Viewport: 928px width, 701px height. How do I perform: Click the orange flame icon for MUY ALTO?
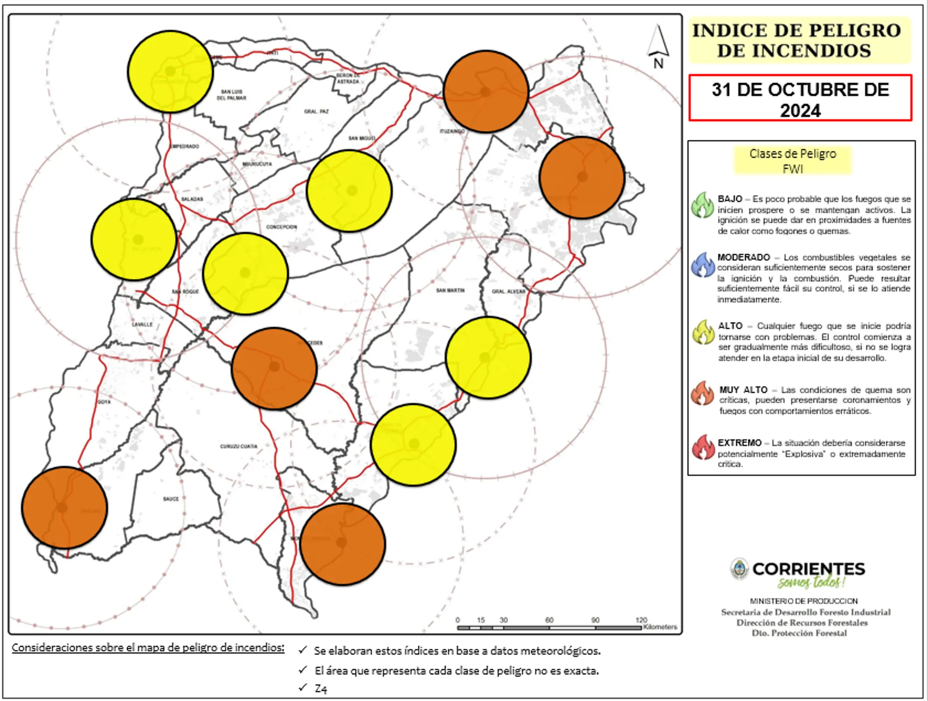703,394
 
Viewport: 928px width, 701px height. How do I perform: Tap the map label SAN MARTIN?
450,291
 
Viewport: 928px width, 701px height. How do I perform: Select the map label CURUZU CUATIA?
239,446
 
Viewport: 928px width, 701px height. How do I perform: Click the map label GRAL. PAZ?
317,112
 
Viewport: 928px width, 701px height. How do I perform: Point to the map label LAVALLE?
142,325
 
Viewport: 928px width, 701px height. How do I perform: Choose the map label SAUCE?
171,499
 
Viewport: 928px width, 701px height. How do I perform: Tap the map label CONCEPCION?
281,227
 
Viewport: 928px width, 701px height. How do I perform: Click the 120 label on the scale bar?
641,620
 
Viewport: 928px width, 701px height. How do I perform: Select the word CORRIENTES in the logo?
809,569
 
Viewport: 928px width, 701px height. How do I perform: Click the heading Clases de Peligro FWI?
793,161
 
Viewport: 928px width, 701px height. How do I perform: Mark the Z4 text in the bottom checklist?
321,689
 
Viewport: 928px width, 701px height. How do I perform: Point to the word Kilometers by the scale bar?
660,627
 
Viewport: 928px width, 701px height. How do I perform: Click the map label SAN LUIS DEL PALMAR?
232,95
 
